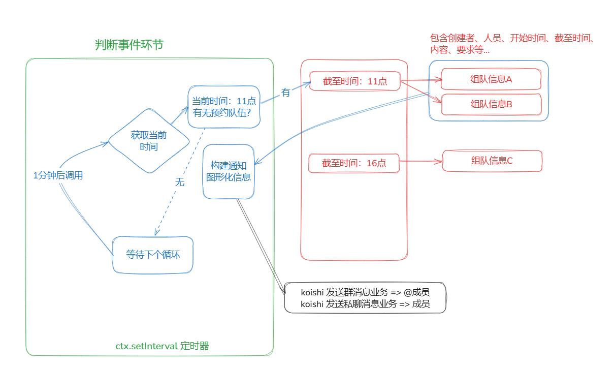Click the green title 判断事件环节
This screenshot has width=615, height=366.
129,45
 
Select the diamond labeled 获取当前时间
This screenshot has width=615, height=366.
149,141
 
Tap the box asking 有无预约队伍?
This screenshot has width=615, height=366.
224,107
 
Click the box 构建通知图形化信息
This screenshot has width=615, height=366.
229,171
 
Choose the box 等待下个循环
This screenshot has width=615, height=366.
153,255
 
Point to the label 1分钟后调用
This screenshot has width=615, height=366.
58,175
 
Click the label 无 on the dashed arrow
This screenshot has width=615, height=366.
180,182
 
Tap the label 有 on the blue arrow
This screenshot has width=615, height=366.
285,93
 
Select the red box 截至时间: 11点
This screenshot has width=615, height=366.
354,81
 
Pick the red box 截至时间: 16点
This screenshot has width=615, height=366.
354,163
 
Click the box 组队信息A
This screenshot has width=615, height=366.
491,79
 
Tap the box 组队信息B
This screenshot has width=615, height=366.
492,104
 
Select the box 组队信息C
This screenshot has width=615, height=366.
492,161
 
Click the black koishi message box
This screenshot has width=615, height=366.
365,298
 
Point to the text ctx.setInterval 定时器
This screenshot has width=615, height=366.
163,346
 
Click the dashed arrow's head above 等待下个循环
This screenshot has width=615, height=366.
157,232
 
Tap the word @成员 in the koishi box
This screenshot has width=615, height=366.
417,292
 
